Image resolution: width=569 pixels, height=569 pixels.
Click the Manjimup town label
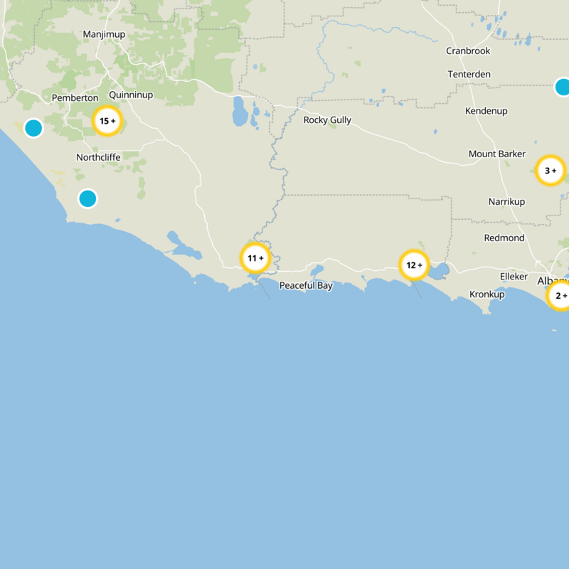coord(104,34)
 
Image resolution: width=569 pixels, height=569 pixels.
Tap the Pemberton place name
coord(75,97)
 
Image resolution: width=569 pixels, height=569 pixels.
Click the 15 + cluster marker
coord(107,121)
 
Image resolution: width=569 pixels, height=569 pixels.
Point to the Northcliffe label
coord(98,157)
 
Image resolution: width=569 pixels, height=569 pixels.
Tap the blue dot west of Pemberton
coord(33,128)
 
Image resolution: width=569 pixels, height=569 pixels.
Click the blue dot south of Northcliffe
coord(87,198)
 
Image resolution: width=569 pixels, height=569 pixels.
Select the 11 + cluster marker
coord(255,258)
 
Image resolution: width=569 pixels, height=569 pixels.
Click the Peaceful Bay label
coord(306,285)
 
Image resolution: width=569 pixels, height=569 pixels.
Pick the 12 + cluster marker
coord(414,265)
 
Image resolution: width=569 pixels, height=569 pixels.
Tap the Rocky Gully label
coord(327,120)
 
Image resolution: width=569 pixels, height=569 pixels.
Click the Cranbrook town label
coord(468,50)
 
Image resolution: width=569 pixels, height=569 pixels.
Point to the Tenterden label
coord(469,75)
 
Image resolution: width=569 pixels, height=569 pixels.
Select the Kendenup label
coord(486,111)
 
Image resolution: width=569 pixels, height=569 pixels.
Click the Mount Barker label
coord(497,154)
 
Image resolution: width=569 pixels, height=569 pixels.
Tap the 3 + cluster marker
coord(550,171)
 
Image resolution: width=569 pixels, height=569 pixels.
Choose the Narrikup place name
coord(506,202)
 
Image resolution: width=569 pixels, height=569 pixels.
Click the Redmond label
coord(504,238)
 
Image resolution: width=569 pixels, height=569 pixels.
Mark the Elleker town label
coord(514,276)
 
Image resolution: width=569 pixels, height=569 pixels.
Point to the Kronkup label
coord(487,294)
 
